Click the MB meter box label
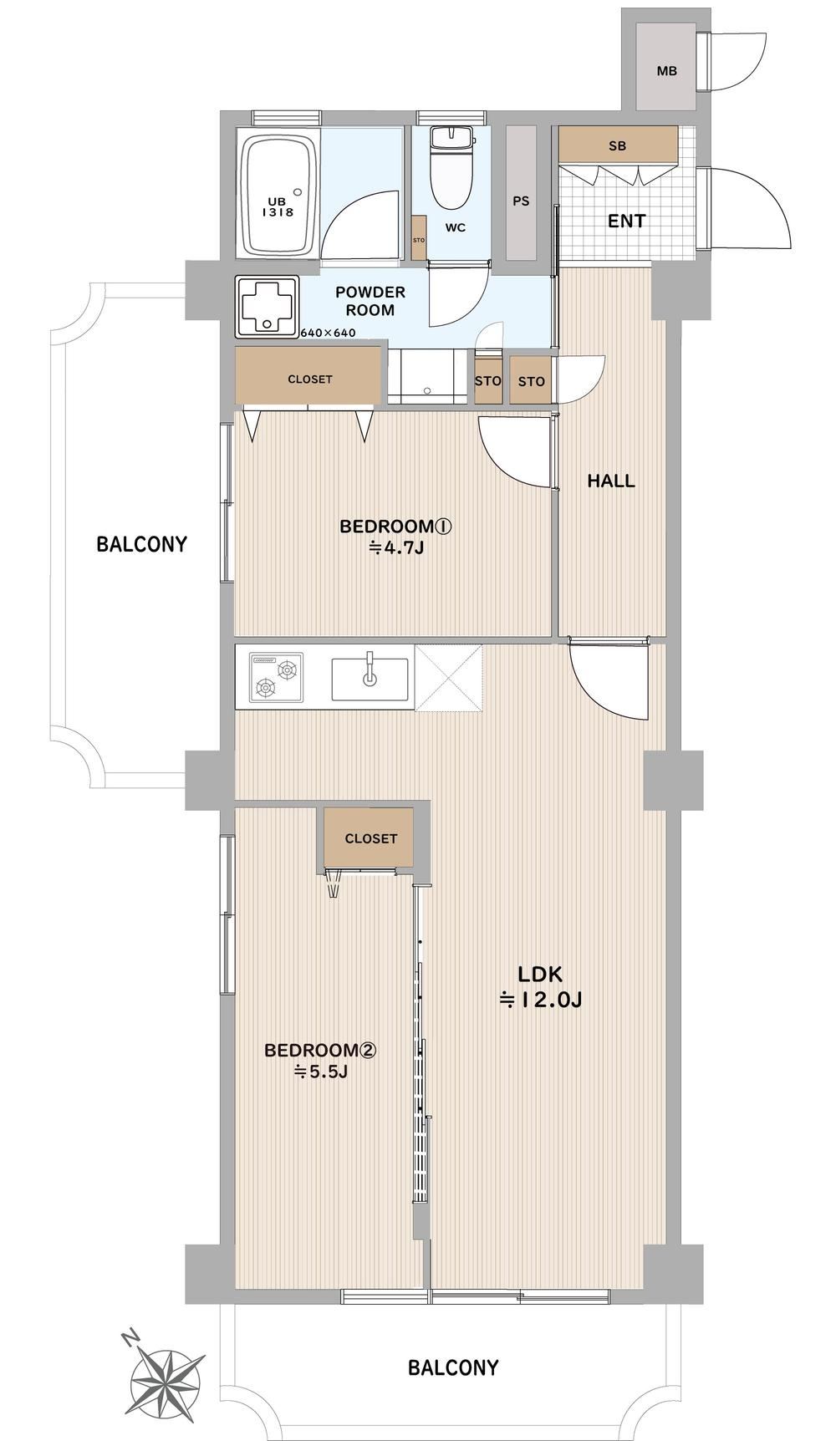point(666,71)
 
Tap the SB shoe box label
point(617,146)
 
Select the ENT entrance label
point(626,221)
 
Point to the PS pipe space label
point(521,201)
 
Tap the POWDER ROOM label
point(370,301)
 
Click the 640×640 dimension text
point(328,333)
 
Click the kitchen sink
point(370,679)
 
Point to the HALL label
point(610,481)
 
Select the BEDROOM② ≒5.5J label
point(320,1060)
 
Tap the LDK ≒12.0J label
point(540,986)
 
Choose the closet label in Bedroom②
point(370,838)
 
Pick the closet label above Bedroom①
point(310,379)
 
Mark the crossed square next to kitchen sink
point(448,678)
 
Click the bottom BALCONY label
point(453,1368)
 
